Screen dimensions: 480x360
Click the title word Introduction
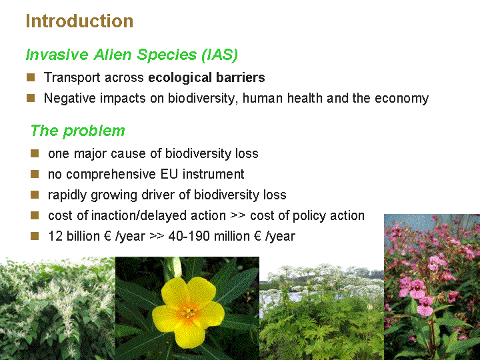click(x=79, y=21)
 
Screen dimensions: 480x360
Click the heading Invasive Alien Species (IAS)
click(x=132, y=55)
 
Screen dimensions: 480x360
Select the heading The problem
click(x=78, y=131)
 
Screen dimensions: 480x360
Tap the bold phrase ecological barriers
click(x=207, y=78)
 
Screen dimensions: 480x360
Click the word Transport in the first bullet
click(x=72, y=78)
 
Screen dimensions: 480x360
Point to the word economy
click(x=401, y=99)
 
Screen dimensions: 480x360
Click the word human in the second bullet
click(x=263, y=98)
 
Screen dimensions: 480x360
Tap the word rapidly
click(x=67, y=195)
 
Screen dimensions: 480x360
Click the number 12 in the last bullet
click(x=55, y=236)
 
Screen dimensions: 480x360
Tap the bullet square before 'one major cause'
click(x=35, y=153)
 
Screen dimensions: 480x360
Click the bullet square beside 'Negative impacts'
click(x=31, y=98)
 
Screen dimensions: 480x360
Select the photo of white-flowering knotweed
click(x=57, y=308)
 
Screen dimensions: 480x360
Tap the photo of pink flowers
click(x=432, y=287)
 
